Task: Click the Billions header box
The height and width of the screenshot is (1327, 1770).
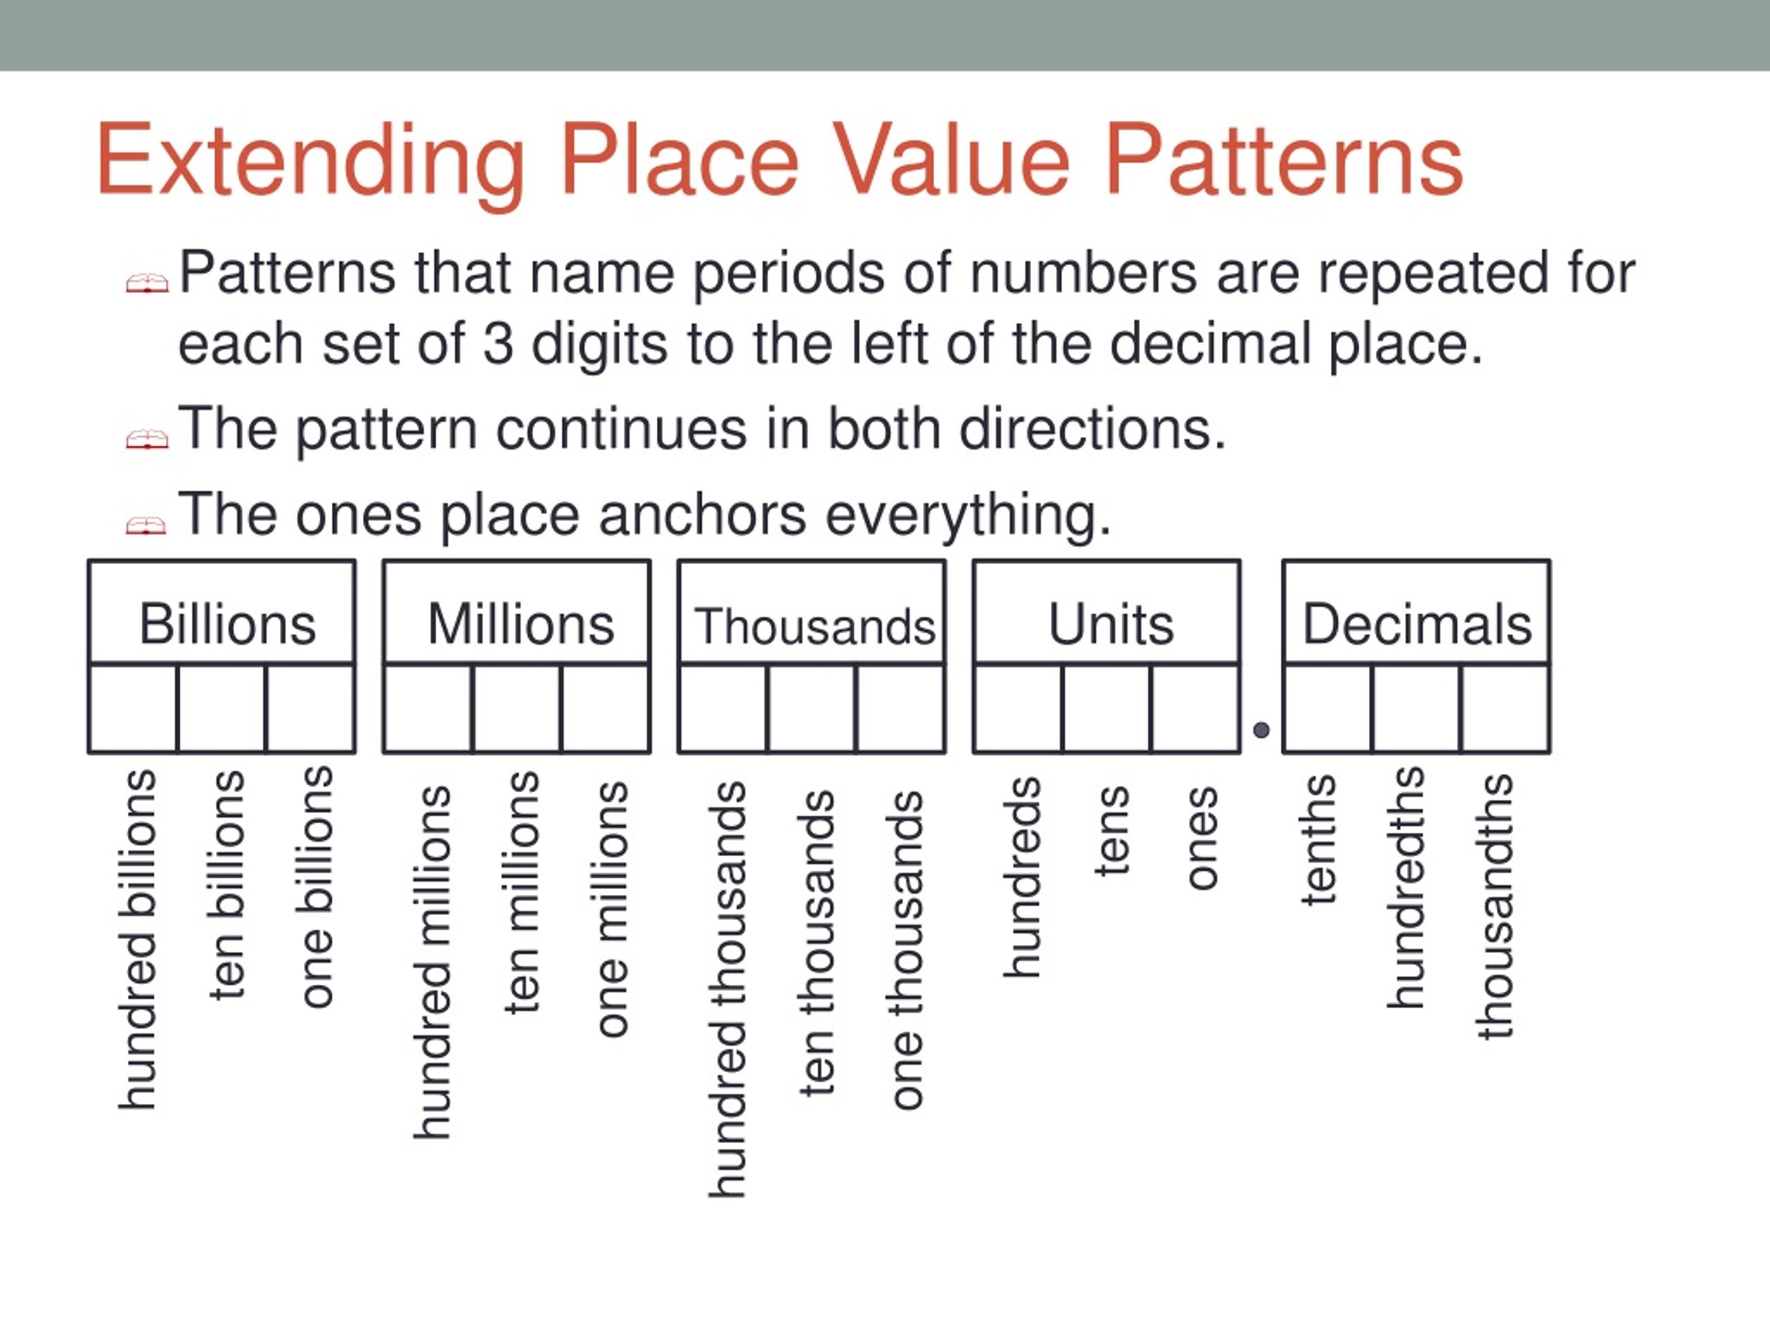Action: tap(222, 612)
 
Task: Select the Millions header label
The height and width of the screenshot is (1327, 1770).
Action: tap(520, 624)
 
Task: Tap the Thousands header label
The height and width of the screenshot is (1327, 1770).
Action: tap(814, 626)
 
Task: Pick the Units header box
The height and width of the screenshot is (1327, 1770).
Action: tap(1107, 612)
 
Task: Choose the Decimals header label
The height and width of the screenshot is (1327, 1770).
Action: tap(1416, 624)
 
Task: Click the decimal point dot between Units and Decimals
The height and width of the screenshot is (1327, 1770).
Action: tap(1261, 729)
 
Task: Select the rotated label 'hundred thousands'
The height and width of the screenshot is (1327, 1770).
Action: tap(727, 990)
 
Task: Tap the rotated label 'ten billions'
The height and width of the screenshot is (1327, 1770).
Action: tap(227, 884)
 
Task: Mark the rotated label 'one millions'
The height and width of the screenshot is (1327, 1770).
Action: tap(611, 909)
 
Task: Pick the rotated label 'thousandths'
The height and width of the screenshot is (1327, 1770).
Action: tap(1495, 906)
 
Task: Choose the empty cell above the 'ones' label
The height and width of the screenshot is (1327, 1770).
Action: tap(1195, 708)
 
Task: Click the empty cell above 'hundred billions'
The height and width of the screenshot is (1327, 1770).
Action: tap(133, 708)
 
